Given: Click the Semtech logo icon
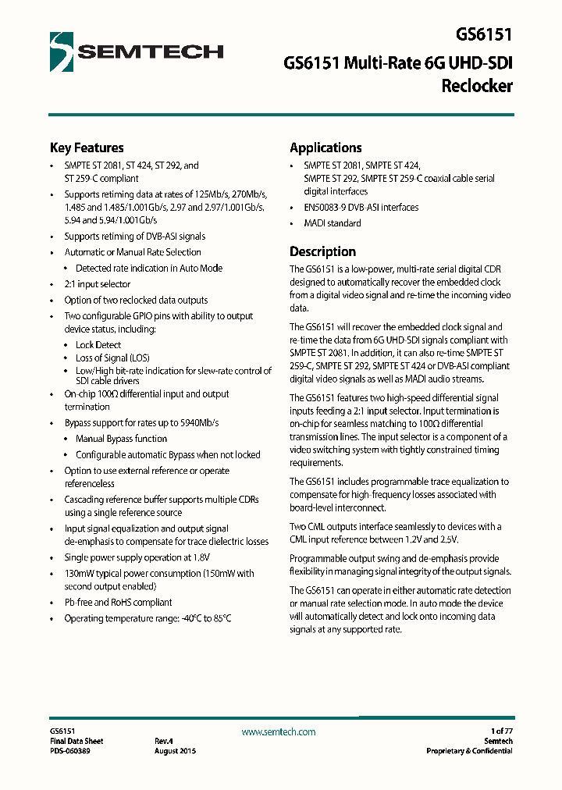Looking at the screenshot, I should click(62, 52).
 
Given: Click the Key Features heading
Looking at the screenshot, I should click(87, 148).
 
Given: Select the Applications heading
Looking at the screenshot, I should click(325, 148).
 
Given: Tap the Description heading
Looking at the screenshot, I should click(322, 251).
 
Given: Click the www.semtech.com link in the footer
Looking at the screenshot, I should click(279, 731).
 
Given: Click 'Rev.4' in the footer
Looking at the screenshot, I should click(163, 741).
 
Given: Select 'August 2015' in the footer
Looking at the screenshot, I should click(176, 751).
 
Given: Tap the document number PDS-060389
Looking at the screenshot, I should click(69, 751).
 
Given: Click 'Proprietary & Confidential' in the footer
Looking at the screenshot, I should click(469, 751).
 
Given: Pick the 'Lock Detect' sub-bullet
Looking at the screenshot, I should click(98, 344).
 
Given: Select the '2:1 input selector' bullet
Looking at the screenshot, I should click(98, 284).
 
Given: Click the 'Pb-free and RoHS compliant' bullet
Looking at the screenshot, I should click(118, 603).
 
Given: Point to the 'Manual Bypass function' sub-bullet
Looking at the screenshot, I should click(121, 439).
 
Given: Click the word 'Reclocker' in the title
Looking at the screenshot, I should click(476, 86).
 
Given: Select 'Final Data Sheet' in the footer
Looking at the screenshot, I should click(76, 741).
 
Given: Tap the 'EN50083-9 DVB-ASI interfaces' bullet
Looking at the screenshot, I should click(361, 208).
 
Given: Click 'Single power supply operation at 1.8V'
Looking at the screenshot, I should click(137, 557).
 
